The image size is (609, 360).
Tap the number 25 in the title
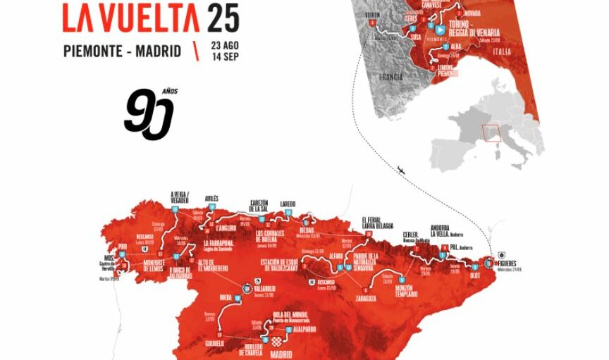pos(223,18)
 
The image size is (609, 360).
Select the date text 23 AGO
pos(226,44)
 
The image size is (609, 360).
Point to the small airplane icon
pos(401,169)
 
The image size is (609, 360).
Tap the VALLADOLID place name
pos(270,289)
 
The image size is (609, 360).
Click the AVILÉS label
pos(211,199)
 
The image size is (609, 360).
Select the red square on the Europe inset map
pos(491,133)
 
